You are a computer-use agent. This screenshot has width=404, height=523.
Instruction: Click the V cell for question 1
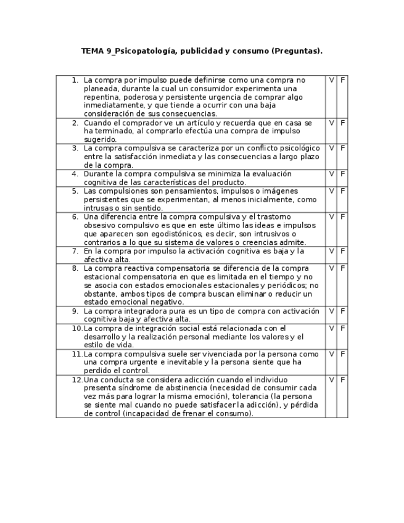[x=331, y=80]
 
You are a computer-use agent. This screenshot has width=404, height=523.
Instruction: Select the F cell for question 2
[x=343, y=123]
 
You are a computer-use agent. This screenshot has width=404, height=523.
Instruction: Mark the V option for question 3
[x=331, y=148]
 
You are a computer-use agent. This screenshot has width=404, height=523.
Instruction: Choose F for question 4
[x=343, y=174]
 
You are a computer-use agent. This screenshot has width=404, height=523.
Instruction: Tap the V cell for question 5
[x=331, y=191]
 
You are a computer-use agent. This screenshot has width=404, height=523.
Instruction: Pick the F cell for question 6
[x=343, y=216]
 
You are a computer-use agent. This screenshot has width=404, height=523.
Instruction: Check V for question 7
[x=331, y=251]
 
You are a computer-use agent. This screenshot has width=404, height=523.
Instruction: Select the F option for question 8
[x=343, y=268]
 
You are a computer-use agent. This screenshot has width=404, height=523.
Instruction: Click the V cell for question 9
[x=331, y=311]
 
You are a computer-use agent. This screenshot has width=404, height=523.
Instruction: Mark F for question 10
[x=343, y=328]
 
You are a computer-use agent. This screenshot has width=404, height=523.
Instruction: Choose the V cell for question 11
[x=331, y=354]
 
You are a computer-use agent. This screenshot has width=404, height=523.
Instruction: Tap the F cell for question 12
[x=343, y=380]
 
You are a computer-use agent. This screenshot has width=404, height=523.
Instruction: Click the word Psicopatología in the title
[x=144, y=51]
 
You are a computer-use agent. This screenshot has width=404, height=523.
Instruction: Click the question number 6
[x=75, y=217]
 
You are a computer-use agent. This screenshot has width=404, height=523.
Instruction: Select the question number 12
[x=76, y=380]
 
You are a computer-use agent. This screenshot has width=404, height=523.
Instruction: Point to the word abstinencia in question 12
[x=184, y=388]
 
